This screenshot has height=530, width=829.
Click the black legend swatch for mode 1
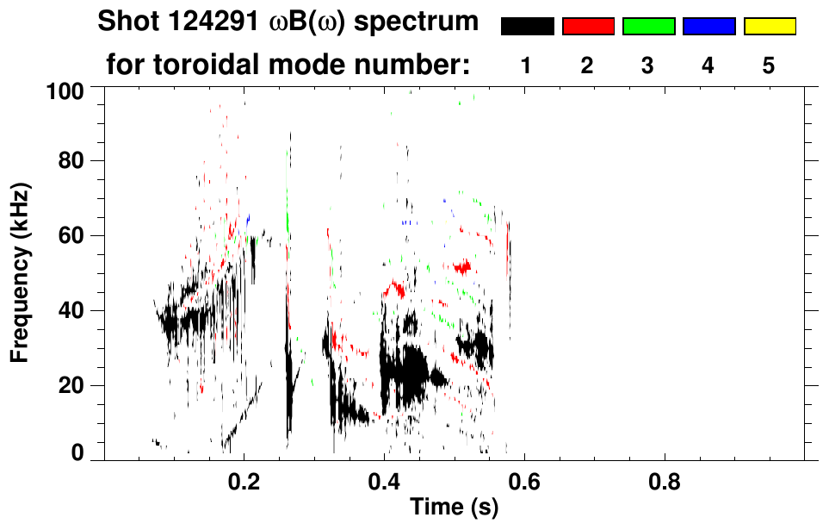point(527,27)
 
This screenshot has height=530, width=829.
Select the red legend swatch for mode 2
point(588,27)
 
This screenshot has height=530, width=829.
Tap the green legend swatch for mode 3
point(648,27)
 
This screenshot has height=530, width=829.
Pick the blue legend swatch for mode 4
point(708,27)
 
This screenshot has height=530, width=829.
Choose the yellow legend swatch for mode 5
point(769,27)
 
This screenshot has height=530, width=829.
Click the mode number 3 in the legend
point(648,65)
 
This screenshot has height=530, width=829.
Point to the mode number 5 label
point(769,65)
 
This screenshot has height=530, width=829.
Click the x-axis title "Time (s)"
point(453,508)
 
